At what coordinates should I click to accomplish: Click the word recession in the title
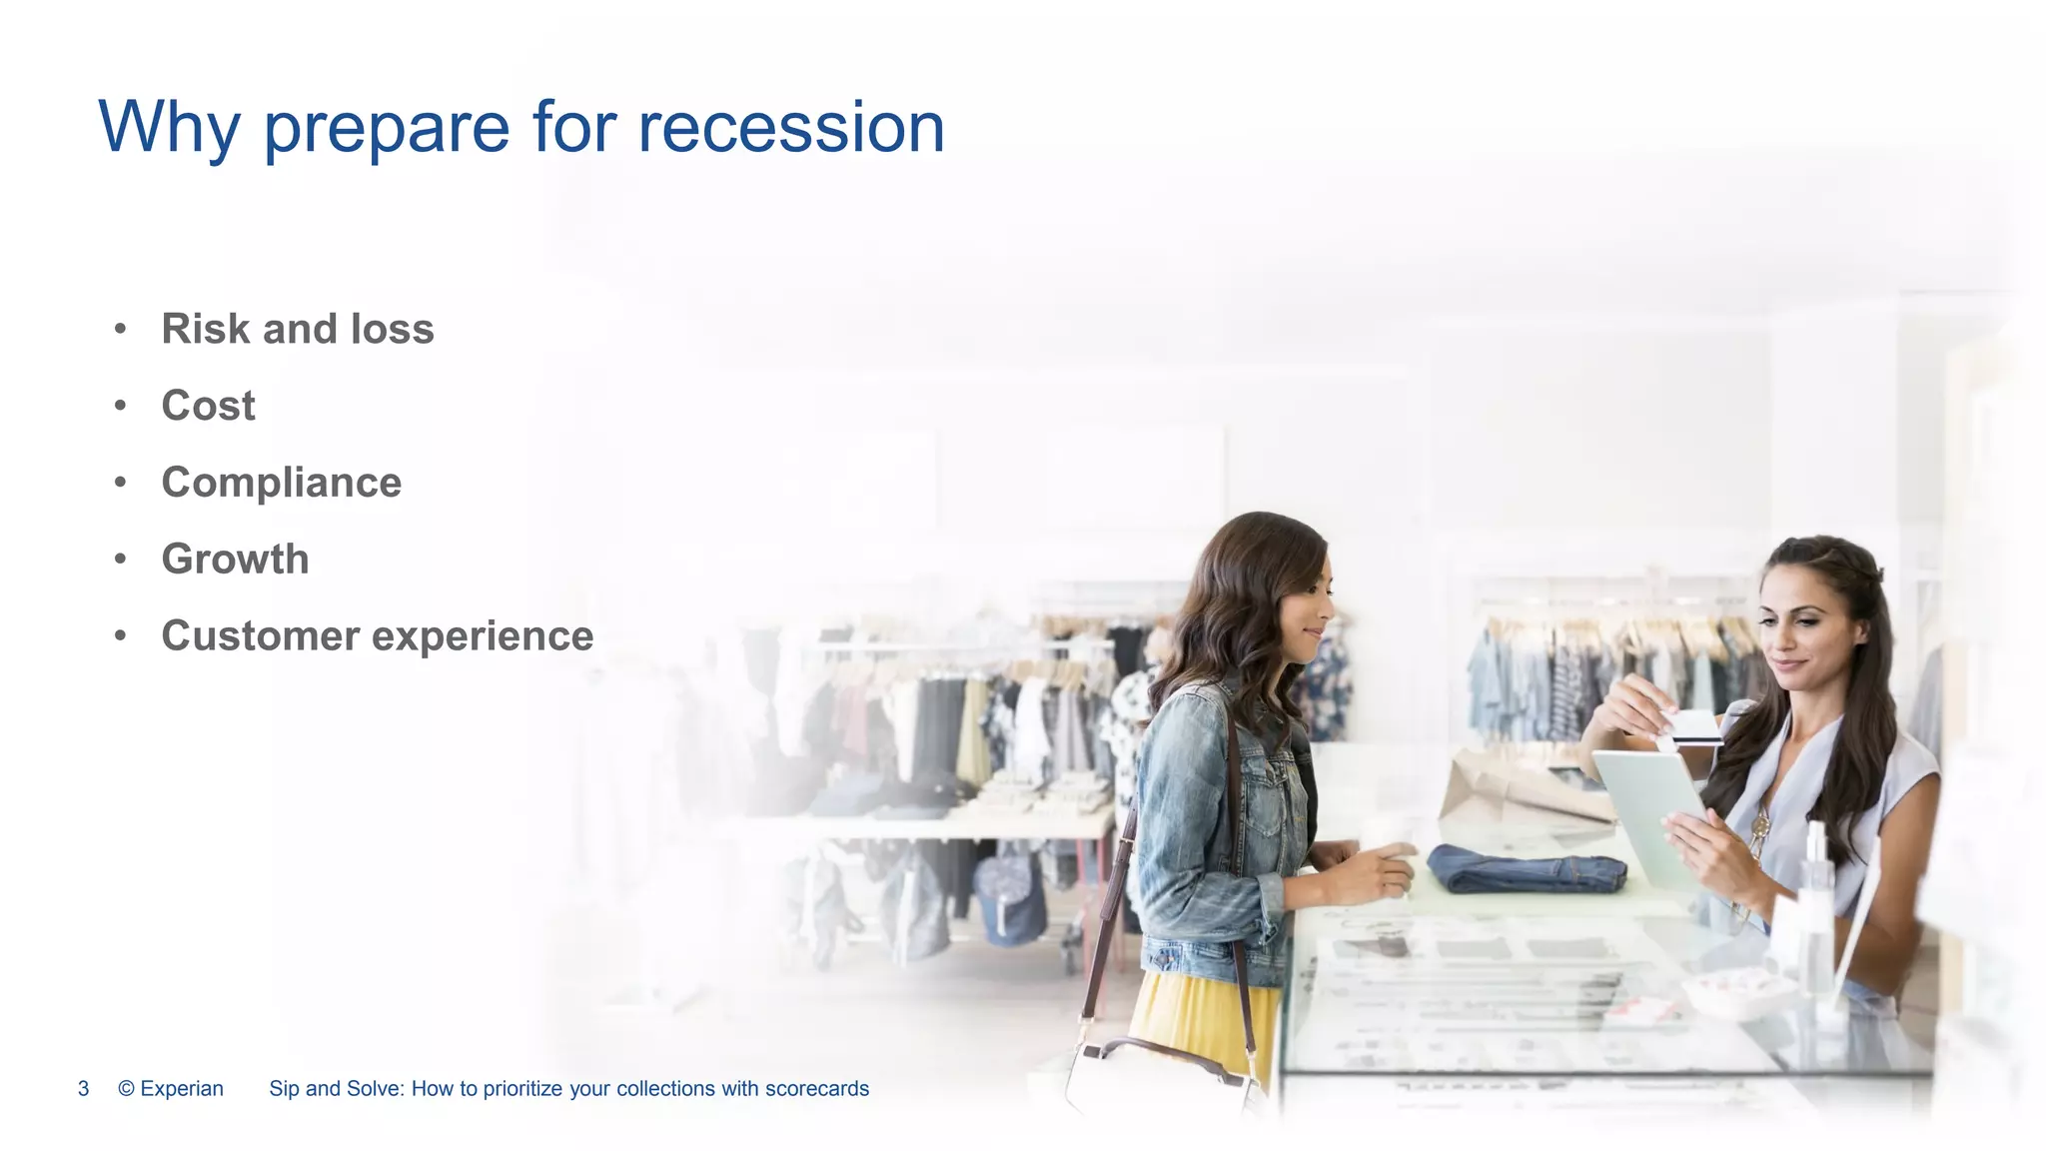[790, 128]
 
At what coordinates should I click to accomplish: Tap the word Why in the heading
[169, 128]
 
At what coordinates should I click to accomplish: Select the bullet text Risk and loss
[298, 329]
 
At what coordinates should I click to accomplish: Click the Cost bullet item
[209, 406]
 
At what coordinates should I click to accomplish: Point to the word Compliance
[282, 483]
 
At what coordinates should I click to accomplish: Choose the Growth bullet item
[236, 559]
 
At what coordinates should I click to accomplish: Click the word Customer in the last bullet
[261, 635]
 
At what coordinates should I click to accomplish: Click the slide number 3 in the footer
[84, 1088]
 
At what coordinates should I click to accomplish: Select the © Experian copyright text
[171, 1088]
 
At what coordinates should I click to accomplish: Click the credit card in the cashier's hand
[1694, 726]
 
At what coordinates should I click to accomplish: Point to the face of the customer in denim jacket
[1309, 609]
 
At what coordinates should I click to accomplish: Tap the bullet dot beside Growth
[120, 559]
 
